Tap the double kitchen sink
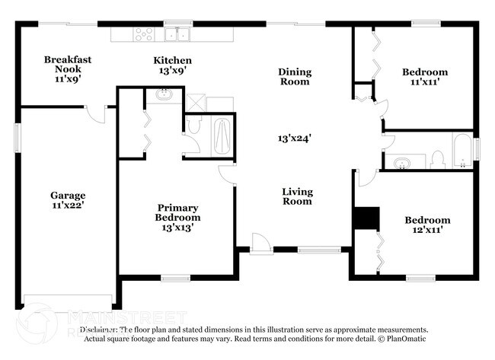tap(179, 34)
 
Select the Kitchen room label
tap(172, 65)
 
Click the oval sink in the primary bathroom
tap(165, 96)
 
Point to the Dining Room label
tap(294, 76)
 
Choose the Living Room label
tap(297, 196)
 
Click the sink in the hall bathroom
tap(401, 161)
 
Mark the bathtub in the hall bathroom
tap(462, 150)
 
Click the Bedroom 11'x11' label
tap(424, 77)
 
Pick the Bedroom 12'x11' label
tap(427, 225)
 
